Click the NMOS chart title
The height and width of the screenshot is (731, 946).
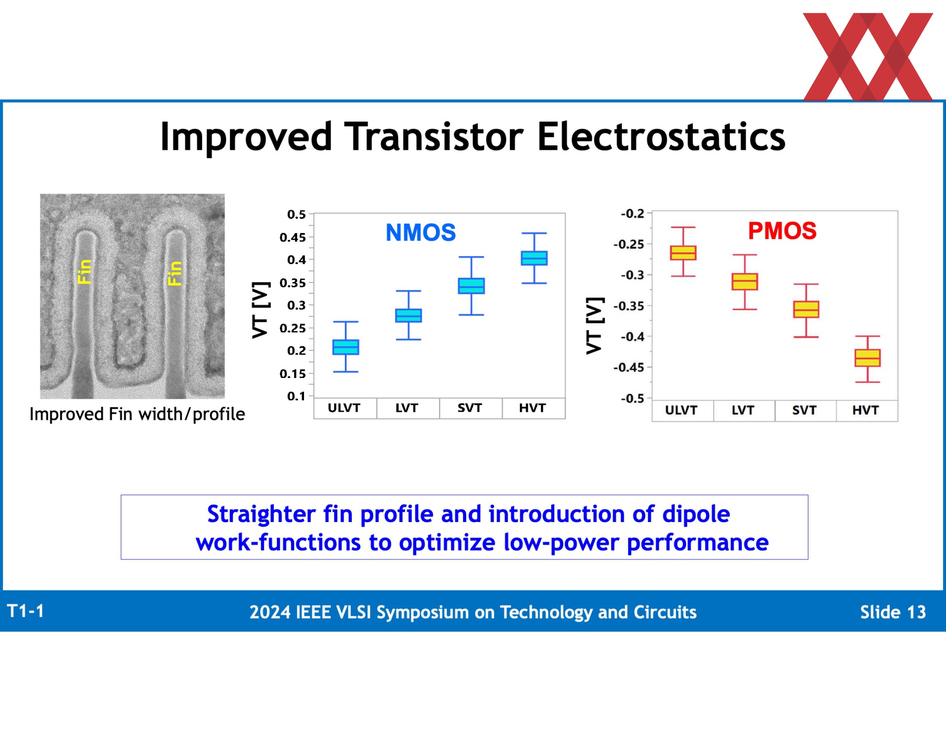click(421, 233)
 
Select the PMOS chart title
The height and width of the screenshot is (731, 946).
click(782, 231)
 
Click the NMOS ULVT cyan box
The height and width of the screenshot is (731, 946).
click(346, 347)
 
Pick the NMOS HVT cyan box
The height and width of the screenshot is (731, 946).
click(534, 258)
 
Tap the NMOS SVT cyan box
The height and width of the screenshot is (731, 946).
click(472, 286)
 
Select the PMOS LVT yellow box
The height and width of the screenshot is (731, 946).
click(744, 281)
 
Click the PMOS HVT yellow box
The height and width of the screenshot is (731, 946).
click(867, 358)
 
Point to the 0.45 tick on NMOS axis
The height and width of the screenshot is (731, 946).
click(293, 238)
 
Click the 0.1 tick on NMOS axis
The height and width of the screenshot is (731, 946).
click(297, 396)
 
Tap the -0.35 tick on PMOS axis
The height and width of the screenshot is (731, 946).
click(629, 306)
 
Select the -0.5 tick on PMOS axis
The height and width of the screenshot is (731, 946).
click(632, 398)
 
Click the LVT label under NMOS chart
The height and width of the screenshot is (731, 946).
click(407, 408)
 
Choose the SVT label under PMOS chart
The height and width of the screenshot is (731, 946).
click(804, 410)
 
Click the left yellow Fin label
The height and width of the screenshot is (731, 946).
click(85, 272)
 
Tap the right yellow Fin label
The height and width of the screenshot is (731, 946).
click(175, 274)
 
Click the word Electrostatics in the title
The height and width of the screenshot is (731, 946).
click(661, 137)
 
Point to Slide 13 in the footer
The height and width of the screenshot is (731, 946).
click(893, 612)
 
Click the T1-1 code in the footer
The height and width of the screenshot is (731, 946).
click(26, 611)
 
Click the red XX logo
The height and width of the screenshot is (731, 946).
click(868, 57)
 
